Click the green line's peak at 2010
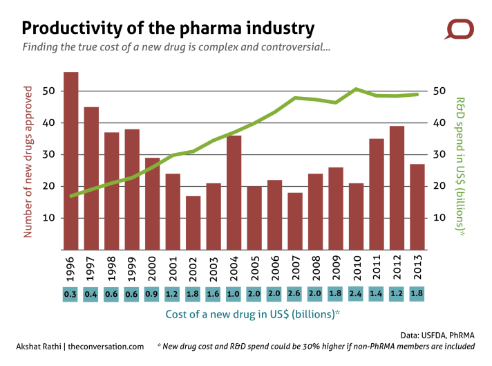[x=355, y=89]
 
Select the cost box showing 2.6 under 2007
[x=294, y=293]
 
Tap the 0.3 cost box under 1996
[x=70, y=293]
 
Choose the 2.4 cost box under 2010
[x=356, y=293]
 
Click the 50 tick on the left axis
[x=48, y=91]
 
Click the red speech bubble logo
[x=459, y=30]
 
